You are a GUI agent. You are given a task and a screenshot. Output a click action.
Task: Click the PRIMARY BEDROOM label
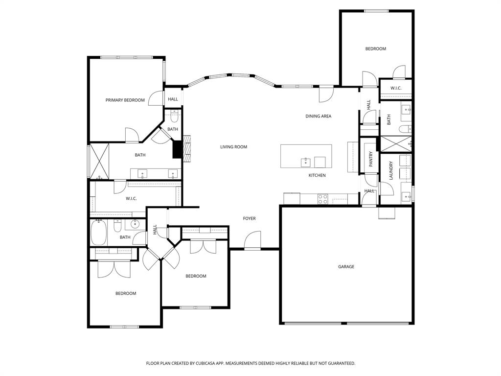pos(125,100)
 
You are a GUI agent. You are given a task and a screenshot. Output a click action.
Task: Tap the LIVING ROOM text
pos(233,147)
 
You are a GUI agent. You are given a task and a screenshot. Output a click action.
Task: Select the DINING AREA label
pos(319,117)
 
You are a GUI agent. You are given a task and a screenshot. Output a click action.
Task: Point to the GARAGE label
pos(346,267)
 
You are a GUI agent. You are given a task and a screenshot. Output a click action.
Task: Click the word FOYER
pos(250,218)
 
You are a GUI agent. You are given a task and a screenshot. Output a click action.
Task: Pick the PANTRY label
pos(371,159)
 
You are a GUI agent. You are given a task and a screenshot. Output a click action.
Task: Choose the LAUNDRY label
pos(391,170)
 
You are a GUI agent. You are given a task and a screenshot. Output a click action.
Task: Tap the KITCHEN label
pos(317,175)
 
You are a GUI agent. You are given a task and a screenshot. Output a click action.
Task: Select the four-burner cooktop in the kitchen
pos(323,199)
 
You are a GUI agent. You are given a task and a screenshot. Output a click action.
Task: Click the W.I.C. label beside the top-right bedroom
pos(396,88)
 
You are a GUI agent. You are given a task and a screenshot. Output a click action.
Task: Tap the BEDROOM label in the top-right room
pos(376,49)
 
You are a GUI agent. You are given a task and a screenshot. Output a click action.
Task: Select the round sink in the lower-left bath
pos(135,225)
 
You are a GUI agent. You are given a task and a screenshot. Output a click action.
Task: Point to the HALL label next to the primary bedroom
pos(173,99)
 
